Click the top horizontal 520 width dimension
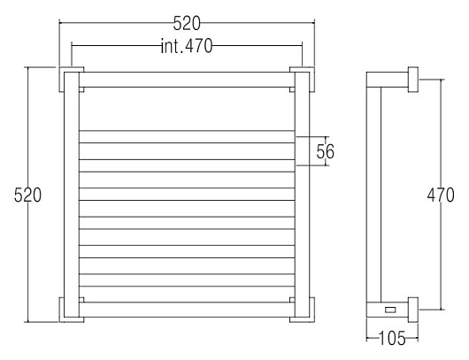tap(187, 23)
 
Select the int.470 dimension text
tap(187, 46)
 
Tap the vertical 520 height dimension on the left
tap(27, 195)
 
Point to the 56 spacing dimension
tap(325, 151)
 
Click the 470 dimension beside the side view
tap(441, 195)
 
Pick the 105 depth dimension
tap(392, 339)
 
